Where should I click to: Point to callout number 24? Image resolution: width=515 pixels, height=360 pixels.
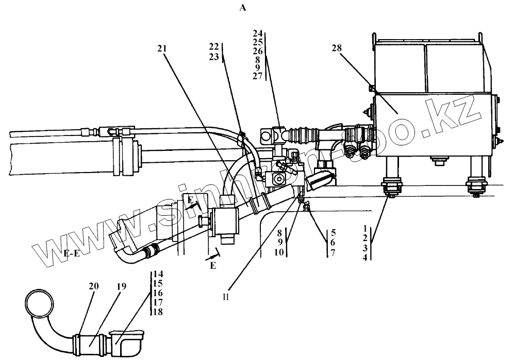(258, 33)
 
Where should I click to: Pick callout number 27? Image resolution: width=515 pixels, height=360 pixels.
(258, 76)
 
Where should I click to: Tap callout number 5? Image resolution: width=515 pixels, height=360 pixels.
(334, 232)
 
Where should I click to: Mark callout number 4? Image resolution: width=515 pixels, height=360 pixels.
(365, 258)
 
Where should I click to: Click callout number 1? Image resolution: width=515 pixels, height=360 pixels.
(365, 227)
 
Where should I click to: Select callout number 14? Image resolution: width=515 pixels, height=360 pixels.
(158, 275)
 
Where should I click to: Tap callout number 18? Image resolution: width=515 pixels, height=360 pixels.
(158, 312)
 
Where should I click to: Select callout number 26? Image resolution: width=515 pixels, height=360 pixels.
(258, 51)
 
